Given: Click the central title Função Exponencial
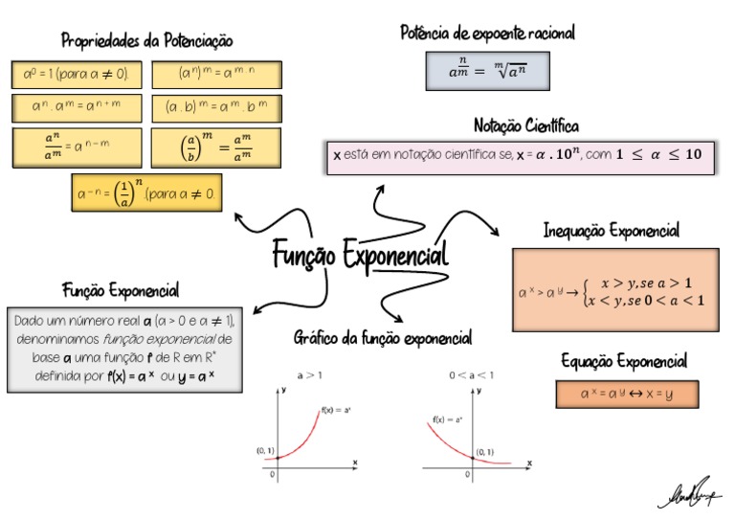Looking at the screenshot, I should coord(360,256).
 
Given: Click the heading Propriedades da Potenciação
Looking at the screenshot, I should coord(147,41).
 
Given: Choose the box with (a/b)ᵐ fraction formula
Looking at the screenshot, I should coord(216,147).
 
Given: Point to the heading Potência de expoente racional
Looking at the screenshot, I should coord(488,34).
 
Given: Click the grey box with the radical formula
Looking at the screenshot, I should coord(488,70).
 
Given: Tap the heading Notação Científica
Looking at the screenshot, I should coord(525,125).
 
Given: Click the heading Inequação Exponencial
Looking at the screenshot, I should coord(612,231).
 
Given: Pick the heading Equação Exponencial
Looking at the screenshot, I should coord(624,361).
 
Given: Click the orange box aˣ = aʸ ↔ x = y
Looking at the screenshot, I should coord(627,394).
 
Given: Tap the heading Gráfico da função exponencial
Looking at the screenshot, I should coord(383,338).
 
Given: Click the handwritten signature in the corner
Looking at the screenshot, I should coord(690,492).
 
